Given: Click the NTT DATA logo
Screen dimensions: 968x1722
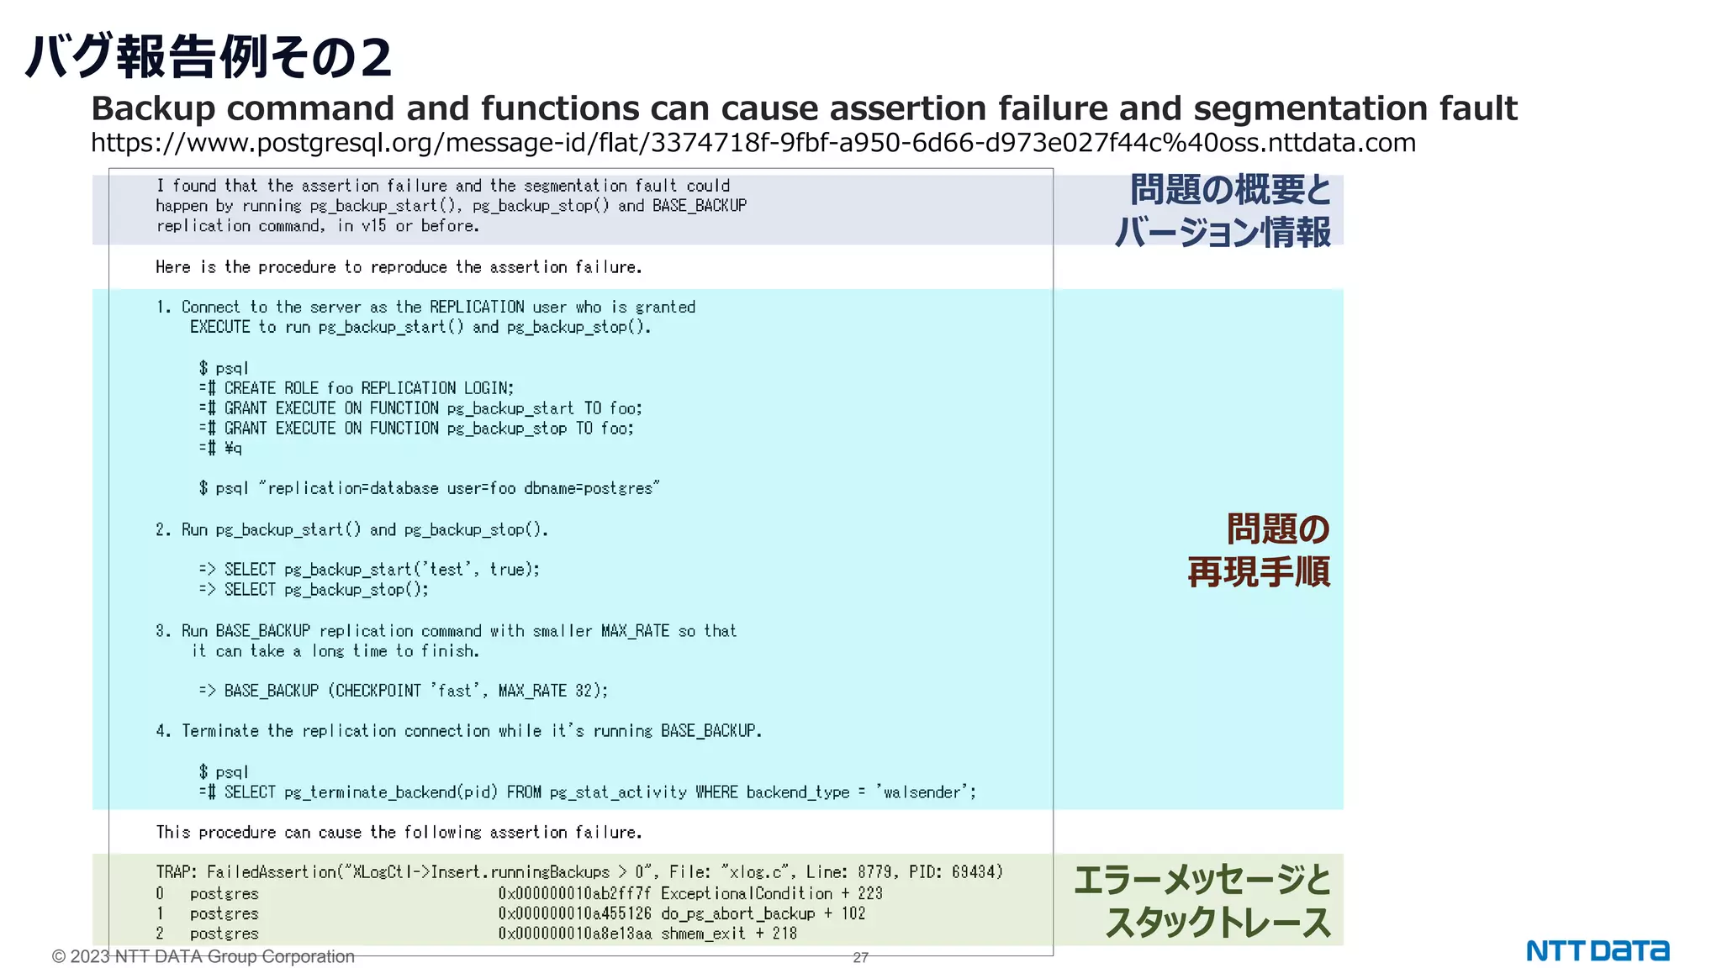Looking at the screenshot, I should tap(1597, 950).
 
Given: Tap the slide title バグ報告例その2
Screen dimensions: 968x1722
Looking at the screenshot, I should tap(209, 57).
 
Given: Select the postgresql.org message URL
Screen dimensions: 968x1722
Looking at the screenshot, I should tap(753, 143).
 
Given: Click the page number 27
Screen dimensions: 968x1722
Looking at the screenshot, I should tap(860, 957).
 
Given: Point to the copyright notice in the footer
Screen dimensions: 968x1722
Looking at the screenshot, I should tap(203, 956).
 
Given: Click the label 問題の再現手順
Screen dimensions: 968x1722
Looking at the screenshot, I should tap(1259, 550).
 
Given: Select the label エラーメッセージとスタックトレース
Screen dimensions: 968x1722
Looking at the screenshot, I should tap(1202, 901).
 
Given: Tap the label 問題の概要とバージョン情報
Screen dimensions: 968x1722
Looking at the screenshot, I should tap(1223, 210).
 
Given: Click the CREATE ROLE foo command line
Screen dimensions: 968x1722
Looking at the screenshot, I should tap(357, 388).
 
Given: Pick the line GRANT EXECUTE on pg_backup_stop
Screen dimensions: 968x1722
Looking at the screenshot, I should tap(417, 429).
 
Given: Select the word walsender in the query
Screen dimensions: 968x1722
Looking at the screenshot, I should tap(922, 792).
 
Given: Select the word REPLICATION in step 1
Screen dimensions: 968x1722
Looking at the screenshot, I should tap(477, 308).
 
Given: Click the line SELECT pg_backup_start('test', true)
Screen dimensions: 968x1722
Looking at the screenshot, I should tap(370, 570).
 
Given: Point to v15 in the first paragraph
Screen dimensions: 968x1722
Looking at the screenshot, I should tap(374, 226).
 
